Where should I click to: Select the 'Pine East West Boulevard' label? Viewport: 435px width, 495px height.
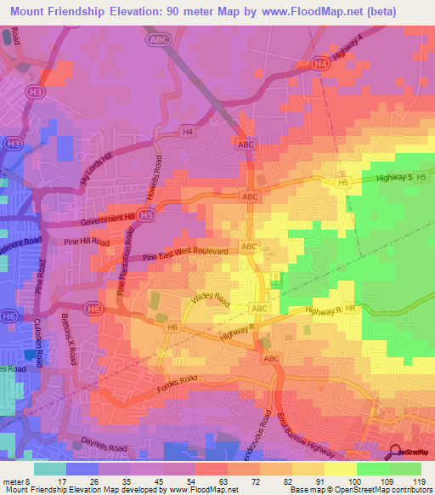coord(185,253)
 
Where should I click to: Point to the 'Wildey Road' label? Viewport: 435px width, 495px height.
coord(211,299)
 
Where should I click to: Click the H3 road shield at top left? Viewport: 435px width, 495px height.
coord(36,90)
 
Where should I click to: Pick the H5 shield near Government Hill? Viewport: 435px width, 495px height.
coord(148,217)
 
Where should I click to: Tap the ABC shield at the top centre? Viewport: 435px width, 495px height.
coord(159,39)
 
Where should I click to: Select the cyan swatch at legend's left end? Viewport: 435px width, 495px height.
coord(49,468)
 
